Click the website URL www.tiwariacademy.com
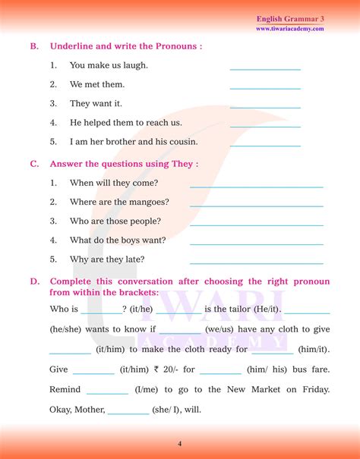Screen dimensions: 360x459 pyautogui.click(x=289, y=29)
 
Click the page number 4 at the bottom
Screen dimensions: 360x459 pyautogui.click(x=179, y=443)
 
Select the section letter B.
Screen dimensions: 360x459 pyautogui.click(x=34, y=46)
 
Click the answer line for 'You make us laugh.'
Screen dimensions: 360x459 pyautogui.click(x=265, y=68)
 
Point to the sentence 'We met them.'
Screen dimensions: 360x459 pyautogui.click(x=97, y=84)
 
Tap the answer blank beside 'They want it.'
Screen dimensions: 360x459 pyautogui.click(x=265, y=106)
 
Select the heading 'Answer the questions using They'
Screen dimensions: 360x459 pyautogui.click(x=124, y=163)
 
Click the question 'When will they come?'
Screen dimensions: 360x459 pyautogui.click(x=114, y=183)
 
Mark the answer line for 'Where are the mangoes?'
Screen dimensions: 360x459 pyautogui.click(x=256, y=205)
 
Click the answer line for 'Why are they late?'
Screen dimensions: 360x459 pyautogui.click(x=256, y=262)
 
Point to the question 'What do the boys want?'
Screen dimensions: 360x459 pyautogui.click(x=118, y=240)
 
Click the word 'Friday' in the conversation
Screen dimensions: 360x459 pyautogui.click(x=314, y=389)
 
